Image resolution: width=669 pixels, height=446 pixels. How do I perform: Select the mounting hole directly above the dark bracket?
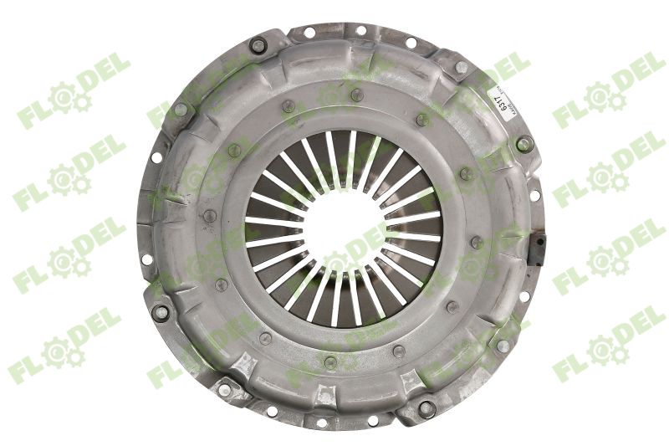tap(534, 197)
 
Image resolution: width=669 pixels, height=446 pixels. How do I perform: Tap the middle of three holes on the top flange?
tap(360, 30)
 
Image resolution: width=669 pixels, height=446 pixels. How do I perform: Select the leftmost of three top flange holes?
tap(309, 33)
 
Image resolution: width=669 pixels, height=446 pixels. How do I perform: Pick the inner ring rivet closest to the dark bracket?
tap(477, 243)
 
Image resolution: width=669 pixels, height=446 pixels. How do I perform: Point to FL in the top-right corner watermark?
tap(568, 113)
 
